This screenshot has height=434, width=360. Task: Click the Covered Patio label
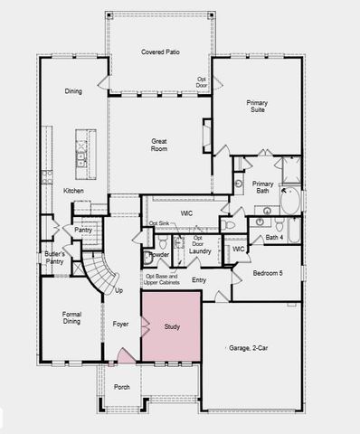point(160,52)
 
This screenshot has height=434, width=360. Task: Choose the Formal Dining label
point(71,318)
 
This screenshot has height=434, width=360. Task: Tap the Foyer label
point(120,323)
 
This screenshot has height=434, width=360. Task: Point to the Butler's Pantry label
point(53,259)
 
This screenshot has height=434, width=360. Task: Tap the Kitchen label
point(74,191)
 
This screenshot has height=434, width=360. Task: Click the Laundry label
point(200,250)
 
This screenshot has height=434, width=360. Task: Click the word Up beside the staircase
point(118,291)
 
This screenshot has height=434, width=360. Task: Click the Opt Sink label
point(159,223)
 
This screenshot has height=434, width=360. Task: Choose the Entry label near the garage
point(199,280)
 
